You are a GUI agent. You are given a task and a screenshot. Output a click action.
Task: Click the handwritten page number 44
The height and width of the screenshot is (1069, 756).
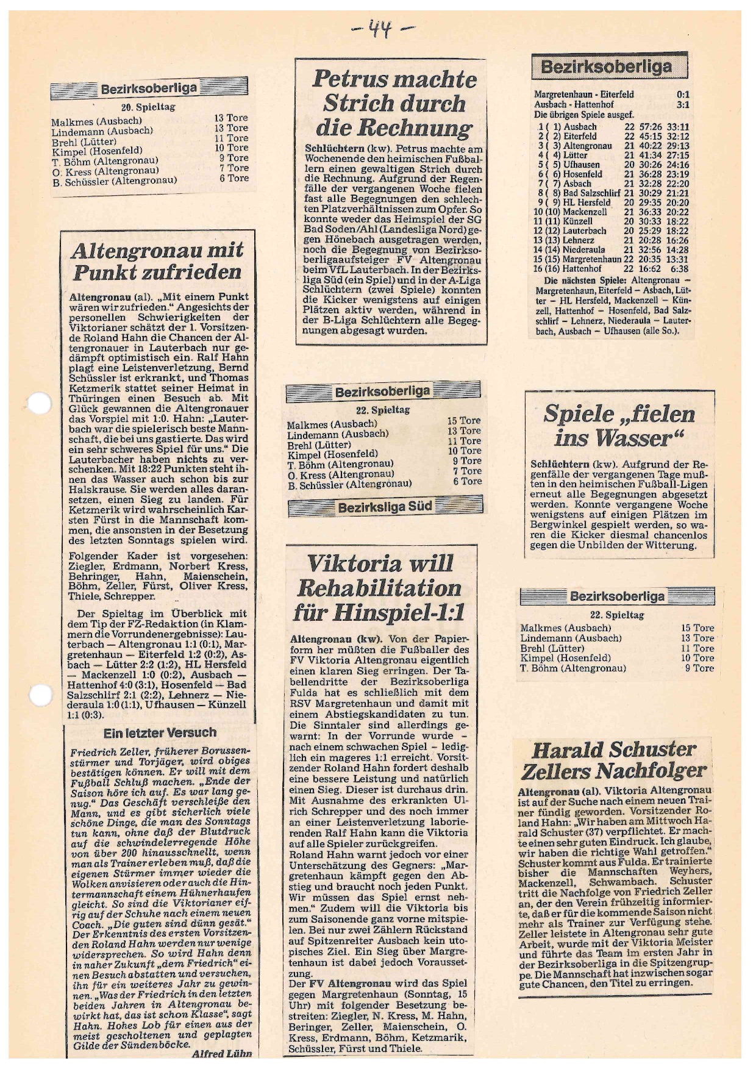(382, 29)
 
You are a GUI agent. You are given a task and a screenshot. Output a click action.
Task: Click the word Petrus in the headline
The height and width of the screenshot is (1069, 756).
(349, 79)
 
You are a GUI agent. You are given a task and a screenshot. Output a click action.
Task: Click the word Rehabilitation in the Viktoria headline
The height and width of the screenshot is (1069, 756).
(379, 588)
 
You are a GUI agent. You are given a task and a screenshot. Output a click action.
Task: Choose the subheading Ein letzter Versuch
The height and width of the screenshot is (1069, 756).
(160, 733)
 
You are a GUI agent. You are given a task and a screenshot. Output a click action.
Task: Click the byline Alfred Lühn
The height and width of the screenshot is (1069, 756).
(221, 1054)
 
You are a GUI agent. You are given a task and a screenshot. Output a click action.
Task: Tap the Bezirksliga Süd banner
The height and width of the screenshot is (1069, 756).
(385, 506)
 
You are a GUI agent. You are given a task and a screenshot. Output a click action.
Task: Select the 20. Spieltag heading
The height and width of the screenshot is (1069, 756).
(148, 107)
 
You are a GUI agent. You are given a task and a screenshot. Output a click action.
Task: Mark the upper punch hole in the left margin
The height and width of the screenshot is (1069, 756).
(40, 404)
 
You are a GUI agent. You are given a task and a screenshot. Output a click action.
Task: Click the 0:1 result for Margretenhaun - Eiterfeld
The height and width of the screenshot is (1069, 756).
(683, 95)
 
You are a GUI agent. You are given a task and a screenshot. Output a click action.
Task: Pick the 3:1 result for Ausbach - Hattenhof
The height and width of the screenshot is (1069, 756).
(683, 104)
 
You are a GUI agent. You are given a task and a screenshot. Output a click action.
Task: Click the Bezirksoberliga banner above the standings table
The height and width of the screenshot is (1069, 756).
(609, 66)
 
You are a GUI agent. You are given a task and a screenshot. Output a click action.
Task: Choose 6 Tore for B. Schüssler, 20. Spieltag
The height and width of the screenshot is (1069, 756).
(234, 178)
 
